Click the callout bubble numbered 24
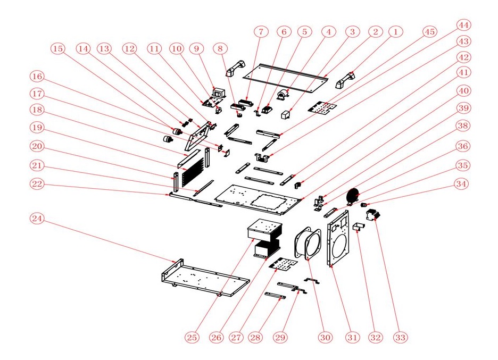[x=36, y=219]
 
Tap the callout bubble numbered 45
[x=429, y=32]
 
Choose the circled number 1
[x=395, y=32]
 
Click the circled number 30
[x=324, y=337]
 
